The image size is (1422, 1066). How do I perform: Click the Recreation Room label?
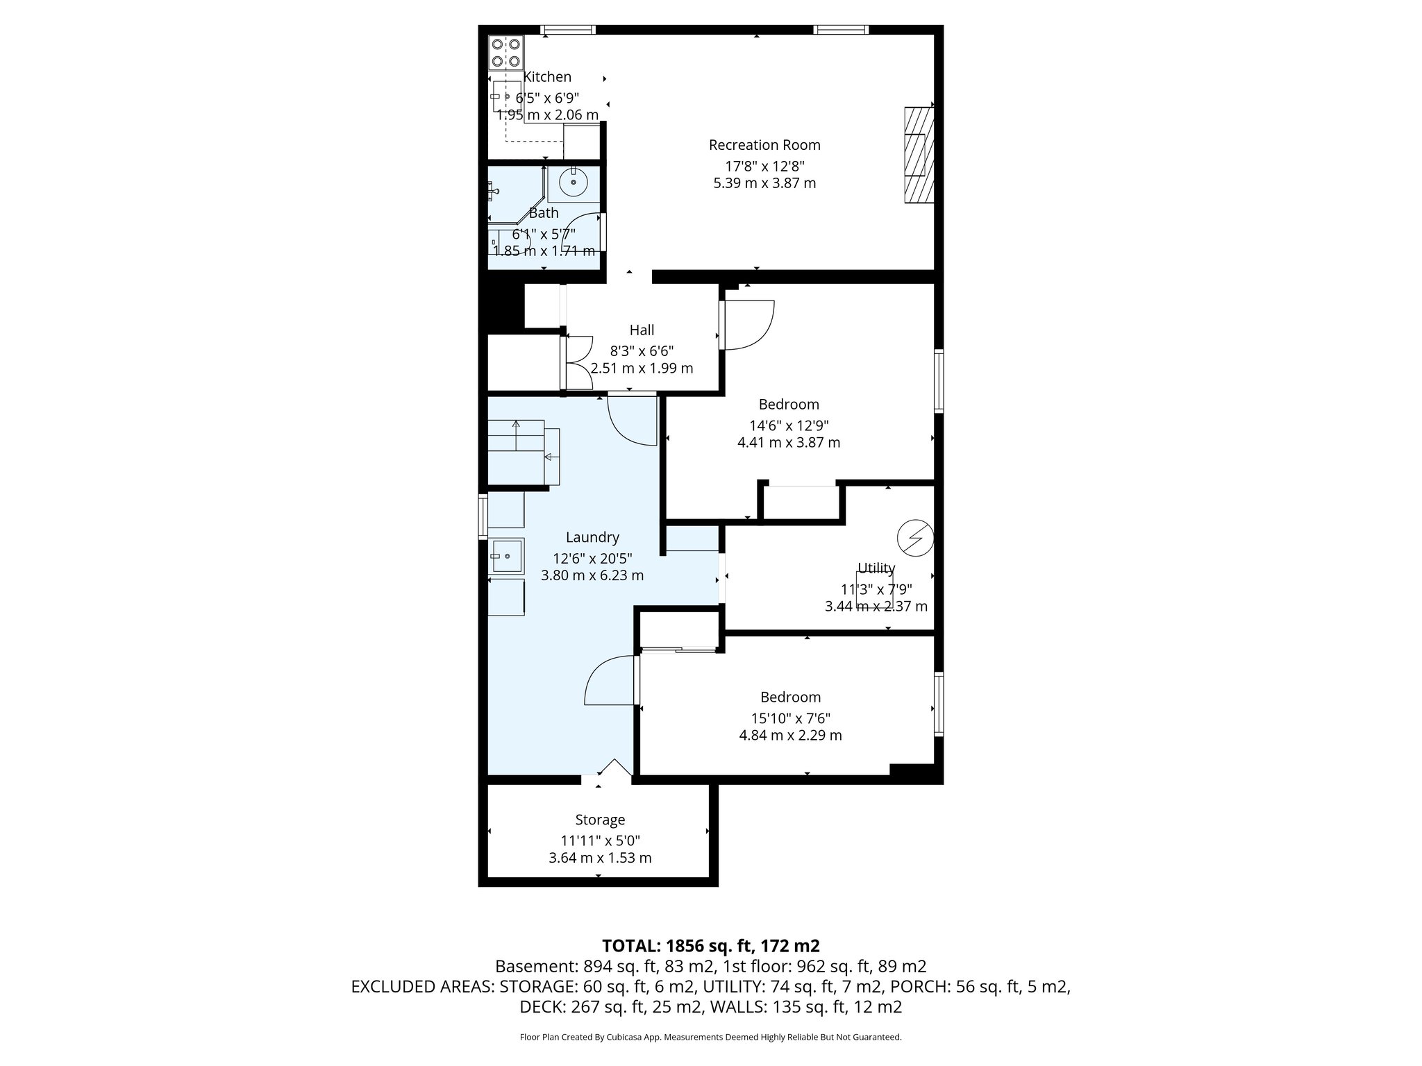pyautogui.click(x=764, y=145)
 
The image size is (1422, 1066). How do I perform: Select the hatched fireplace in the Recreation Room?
pyautogui.click(x=918, y=155)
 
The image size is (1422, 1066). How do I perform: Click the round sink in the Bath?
pyautogui.click(x=574, y=183)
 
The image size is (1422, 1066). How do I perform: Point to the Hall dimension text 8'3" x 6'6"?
pyautogui.click(x=642, y=351)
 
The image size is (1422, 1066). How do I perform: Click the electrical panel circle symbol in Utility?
pyautogui.click(x=914, y=538)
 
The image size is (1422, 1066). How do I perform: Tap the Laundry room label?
pyautogui.click(x=592, y=537)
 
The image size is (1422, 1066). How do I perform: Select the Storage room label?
pyautogui.click(x=600, y=820)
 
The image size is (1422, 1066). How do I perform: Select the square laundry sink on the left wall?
pyautogui.click(x=506, y=556)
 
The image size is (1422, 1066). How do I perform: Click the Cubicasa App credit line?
pyautogui.click(x=710, y=1037)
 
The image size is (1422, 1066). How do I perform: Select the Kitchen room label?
pyautogui.click(x=547, y=77)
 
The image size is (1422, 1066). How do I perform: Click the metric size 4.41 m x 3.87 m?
pyautogui.click(x=789, y=443)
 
